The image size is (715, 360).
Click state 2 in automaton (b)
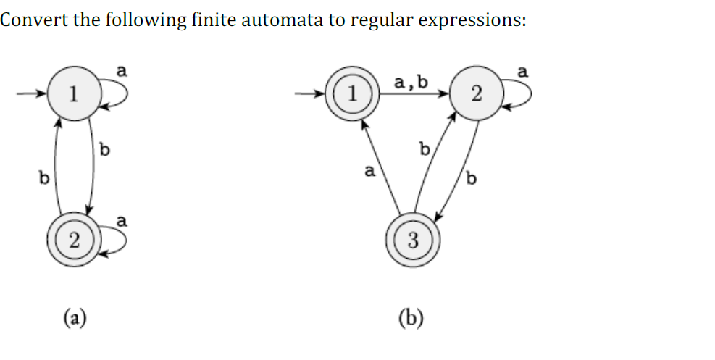point(474,93)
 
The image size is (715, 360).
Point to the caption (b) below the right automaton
point(411,316)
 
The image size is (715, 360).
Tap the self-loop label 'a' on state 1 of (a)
point(122,70)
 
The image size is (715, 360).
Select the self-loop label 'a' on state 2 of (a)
point(122,219)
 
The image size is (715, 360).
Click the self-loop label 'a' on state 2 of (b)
point(524,71)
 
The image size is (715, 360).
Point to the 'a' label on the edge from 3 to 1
point(369,172)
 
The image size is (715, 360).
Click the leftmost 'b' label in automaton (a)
point(43,177)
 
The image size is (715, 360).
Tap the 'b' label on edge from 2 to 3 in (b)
point(472,178)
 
